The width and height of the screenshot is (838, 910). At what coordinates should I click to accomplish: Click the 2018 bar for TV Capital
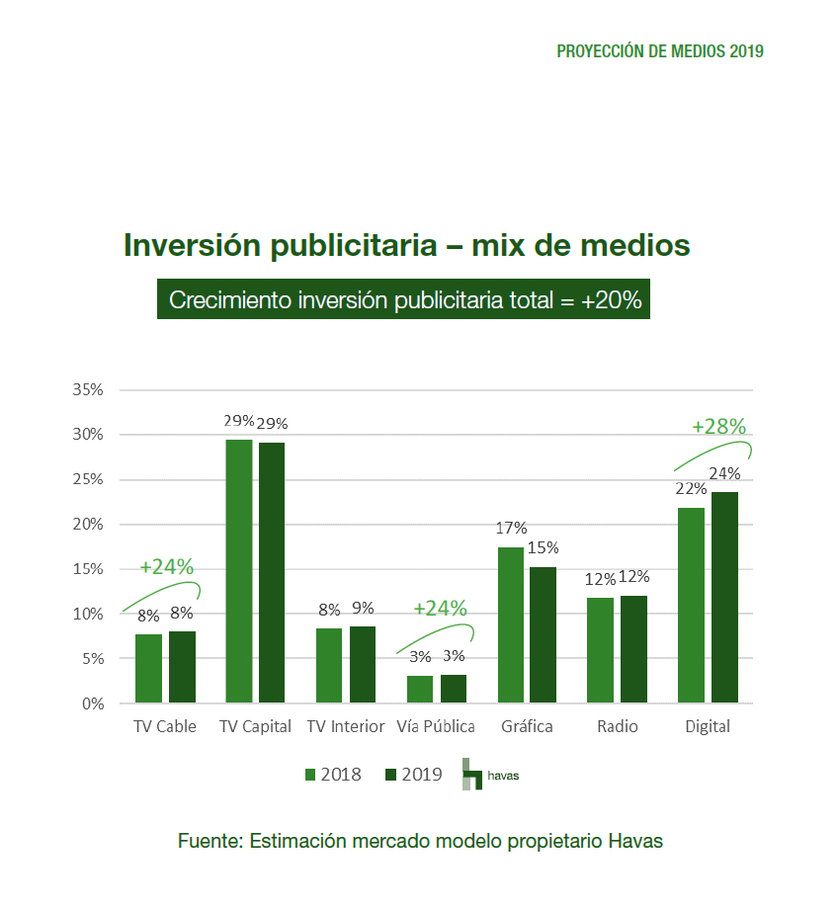[x=239, y=571]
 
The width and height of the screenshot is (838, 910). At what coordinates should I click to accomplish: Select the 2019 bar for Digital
[x=724, y=598]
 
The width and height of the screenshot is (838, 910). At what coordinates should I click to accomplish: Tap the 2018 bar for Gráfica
[x=511, y=625]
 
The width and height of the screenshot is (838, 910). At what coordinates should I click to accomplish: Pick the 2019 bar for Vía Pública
[x=453, y=689]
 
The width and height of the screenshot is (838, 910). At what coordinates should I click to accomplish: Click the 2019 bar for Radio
[x=633, y=649]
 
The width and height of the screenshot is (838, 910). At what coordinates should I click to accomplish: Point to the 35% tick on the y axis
[x=88, y=389]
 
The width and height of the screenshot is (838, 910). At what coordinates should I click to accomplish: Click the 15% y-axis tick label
[x=88, y=569]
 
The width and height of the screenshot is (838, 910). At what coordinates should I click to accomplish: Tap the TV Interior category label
[x=345, y=726]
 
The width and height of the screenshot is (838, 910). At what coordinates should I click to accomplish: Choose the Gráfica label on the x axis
[x=527, y=726]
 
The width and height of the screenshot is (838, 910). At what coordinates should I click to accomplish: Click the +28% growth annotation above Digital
[x=718, y=427]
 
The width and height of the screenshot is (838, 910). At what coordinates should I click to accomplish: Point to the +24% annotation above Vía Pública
[x=440, y=609]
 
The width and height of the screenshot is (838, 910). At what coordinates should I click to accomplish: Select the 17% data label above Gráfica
[x=512, y=529]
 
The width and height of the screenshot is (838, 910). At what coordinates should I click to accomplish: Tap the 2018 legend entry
[x=332, y=775]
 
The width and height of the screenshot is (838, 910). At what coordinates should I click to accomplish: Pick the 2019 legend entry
[x=412, y=775]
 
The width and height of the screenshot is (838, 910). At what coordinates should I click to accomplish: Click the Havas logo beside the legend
[x=489, y=775]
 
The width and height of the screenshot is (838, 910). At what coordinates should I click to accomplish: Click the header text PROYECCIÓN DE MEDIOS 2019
[x=660, y=51]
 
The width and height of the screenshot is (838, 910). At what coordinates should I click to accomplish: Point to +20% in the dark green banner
[x=611, y=300]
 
